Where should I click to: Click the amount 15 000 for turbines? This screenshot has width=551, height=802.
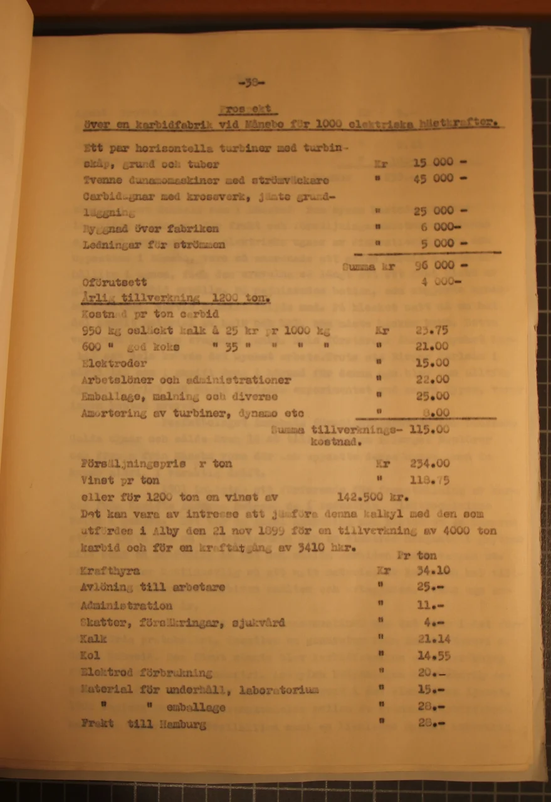coord(434,162)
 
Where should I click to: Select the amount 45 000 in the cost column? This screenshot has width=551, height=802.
coord(434,179)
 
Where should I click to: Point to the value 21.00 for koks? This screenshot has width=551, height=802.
coord(432,346)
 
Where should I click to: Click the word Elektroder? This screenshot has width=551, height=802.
coord(114,363)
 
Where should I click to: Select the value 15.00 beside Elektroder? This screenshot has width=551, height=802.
coord(432,363)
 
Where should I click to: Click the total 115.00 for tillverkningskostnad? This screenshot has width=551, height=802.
coord(429,430)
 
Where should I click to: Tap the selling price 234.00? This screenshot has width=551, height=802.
coord(430,464)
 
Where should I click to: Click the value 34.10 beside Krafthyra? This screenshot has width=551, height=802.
coord(433,571)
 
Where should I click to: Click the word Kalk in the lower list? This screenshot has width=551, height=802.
coord(94,639)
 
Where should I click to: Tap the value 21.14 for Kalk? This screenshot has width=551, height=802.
coord(433,639)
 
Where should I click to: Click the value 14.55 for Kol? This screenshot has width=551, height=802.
coord(433,656)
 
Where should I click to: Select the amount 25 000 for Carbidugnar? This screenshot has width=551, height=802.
coord(434,211)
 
